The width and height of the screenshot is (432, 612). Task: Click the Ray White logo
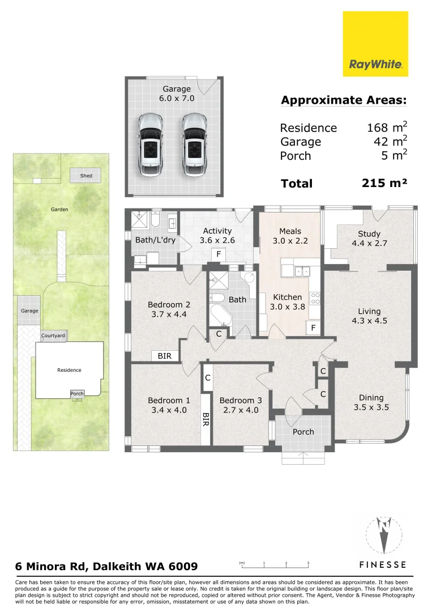click(x=375, y=44)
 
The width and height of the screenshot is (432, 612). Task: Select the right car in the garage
click(x=194, y=143)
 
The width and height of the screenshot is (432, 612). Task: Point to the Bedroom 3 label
click(x=241, y=400)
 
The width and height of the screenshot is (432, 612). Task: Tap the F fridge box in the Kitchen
click(x=311, y=328)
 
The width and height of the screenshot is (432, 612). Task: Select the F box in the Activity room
click(x=217, y=255)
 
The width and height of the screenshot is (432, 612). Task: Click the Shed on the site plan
click(x=85, y=176)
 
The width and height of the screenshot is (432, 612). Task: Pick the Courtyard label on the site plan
click(x=53, y=336)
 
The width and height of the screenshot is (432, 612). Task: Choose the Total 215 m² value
click(x=384, y=183)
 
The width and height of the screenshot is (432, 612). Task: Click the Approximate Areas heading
click(x=344, y=101)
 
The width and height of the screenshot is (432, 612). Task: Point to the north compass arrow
click(x=384, y=535)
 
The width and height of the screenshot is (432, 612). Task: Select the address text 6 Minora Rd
click(x=106, y=566)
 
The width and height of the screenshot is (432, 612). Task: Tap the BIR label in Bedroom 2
click(x=165, y=356)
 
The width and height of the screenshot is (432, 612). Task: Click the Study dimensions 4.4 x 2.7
click(x=369, y=244)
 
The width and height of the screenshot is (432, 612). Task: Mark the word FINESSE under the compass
click(x=383, y=564)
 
